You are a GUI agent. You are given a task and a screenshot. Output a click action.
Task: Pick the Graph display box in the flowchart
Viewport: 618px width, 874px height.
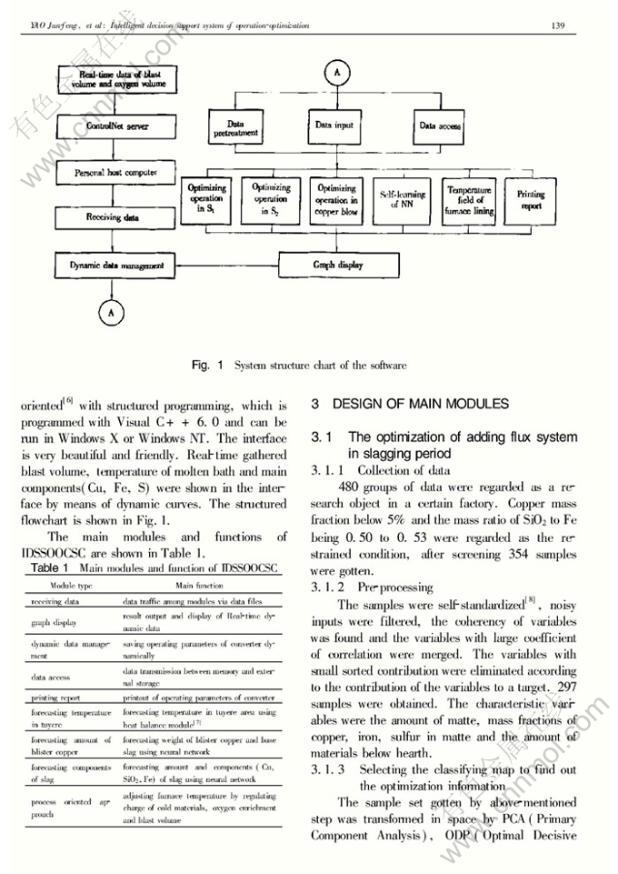click(x=337, y=266)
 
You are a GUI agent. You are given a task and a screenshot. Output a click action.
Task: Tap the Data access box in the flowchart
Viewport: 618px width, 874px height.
click(x=441, y=126)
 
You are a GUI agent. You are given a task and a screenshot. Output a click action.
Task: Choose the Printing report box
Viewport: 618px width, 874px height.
click(x=531, y=199)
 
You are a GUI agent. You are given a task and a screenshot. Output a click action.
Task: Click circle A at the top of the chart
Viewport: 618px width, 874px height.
click(x=337, y=71)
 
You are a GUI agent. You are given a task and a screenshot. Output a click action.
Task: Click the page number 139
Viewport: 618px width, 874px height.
click(x=559, y=25)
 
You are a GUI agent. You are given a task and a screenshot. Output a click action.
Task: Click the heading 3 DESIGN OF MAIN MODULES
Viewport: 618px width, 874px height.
click(x=406, y=403)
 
